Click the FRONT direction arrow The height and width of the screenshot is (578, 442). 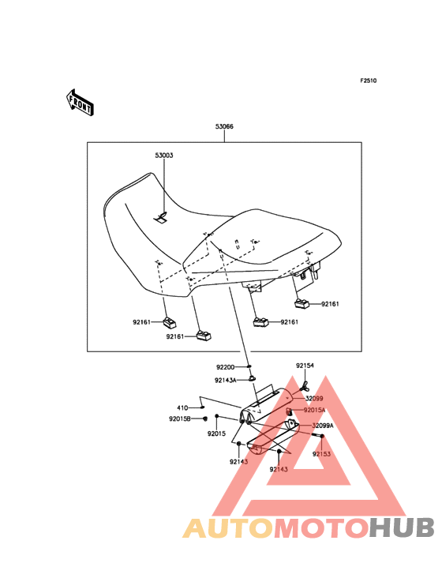pos(80,103)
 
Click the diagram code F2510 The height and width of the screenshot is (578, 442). pos(369,81)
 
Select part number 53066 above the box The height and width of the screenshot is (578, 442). pos(224,126)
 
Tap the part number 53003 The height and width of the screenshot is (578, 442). pos(164,156)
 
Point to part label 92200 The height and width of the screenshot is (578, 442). pos(226,367)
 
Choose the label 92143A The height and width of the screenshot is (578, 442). pos(226,380)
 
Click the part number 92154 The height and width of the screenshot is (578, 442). pos(305,366)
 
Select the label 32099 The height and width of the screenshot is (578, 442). pos(314,399)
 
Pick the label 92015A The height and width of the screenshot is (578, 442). pos(315,410)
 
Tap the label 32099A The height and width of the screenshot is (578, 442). pos(323,426)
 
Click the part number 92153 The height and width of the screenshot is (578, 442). pos(321,454)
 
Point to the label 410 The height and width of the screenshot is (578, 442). pos(182,407)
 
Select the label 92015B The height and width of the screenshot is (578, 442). pos(180,418)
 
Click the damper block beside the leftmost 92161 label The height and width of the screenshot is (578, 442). pos(170,322)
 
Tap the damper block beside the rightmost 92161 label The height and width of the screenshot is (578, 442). pos(302,304)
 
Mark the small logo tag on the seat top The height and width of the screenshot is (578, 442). pos(160,218)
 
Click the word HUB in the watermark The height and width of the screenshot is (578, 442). pos(403,527)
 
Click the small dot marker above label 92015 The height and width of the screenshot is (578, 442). pos(217,416)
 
